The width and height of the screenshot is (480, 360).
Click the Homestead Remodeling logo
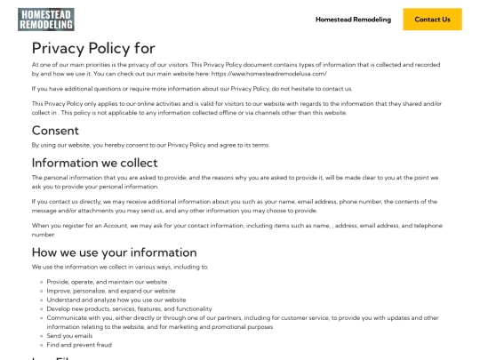(45, 19)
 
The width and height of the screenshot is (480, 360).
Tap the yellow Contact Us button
(432, 20)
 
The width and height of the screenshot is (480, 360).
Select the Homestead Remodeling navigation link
(353, 20)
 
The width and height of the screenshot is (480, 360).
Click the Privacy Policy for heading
(93, 49)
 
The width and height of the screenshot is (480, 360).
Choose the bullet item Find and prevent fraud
(79, 345)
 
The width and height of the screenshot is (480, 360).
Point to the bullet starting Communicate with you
(222, 318)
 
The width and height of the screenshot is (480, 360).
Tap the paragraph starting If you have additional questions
(192, 89)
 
